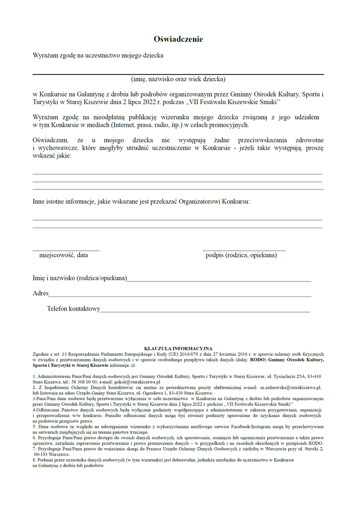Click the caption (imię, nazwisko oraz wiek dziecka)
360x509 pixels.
178,79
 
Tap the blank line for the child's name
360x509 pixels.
178,74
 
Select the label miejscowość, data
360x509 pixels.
63,255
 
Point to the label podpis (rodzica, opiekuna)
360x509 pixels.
241,255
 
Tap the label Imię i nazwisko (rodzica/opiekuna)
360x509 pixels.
80,278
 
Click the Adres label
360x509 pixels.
41,293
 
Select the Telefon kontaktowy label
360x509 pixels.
74,309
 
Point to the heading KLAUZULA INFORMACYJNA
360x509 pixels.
178,348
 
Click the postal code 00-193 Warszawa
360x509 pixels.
52,454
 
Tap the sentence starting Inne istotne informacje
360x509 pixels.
141,201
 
